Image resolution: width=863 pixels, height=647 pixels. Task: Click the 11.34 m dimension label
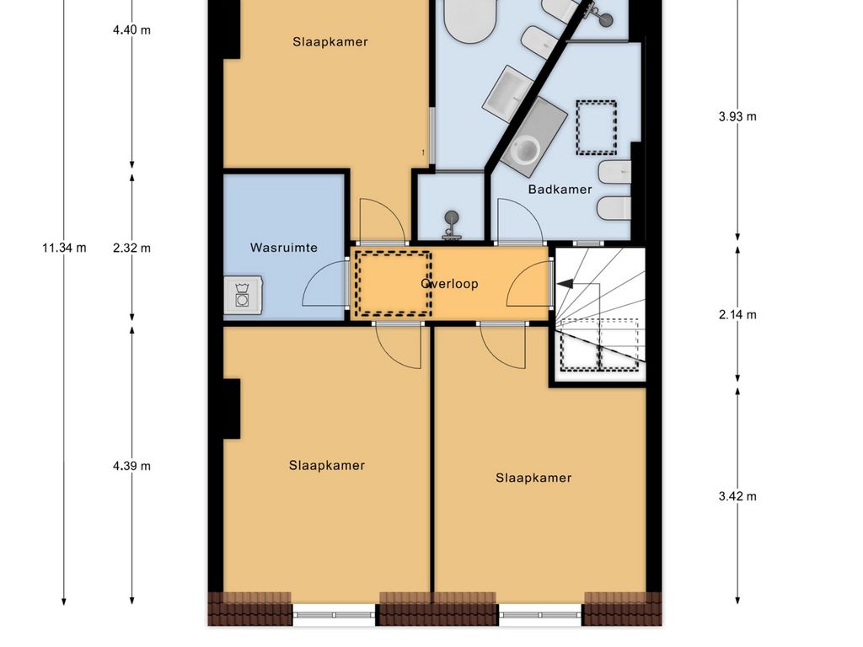[64, 248]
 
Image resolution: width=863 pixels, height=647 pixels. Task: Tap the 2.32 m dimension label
[131, 248]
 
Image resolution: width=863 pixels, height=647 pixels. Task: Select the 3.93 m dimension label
[737, 116]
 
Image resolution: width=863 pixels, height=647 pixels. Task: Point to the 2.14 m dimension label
[737, 315]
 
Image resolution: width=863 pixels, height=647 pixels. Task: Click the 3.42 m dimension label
[737, 496]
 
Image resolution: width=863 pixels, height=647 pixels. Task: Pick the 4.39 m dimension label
[131, 466]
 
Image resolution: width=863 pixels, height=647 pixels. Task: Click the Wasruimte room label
[283, 248]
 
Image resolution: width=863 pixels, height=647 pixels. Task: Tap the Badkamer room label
[560, 190]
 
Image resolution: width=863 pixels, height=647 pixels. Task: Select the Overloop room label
[449, 284]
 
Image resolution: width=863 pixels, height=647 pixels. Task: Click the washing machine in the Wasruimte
[243, 296]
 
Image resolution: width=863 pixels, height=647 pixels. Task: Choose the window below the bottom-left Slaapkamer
[334, 614]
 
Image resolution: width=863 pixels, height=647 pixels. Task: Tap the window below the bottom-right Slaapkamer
[540, 614]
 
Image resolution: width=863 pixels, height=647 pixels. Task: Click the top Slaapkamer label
[330, 42]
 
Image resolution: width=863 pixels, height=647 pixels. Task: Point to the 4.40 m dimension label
[131, 29]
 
